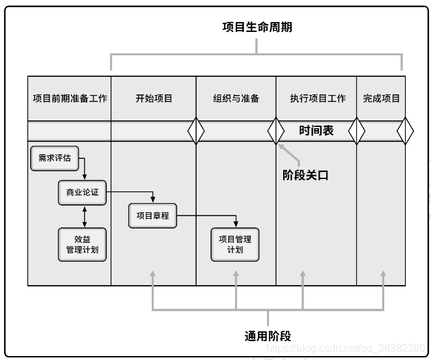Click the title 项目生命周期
coord(257,27)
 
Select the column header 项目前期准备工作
coord(70,98)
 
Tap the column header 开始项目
coord(154,98)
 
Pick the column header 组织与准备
coord(236,98)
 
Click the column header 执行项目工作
coord(318,98)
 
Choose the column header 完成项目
coord(382,98)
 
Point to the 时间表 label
coord(316,130)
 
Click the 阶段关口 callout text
coord(305,175)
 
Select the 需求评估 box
coord(55,158)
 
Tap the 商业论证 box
coord(82,193)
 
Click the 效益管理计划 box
coord(82,244)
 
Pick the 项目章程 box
coord(152,215)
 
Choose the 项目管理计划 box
coord(235,244)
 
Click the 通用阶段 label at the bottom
coord(268,336)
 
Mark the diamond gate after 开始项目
coord(196,131)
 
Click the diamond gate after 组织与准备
coord(276,131)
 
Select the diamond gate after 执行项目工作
coord(357,131)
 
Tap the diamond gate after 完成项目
coord(405,131)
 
